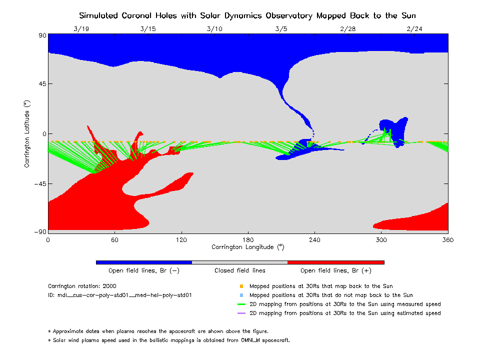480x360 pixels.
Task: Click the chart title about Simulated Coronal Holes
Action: point(247,15)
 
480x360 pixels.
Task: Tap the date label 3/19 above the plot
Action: point(81,29)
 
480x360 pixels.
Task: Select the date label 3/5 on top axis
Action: point(281,29)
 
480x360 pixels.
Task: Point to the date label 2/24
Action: point(414,29)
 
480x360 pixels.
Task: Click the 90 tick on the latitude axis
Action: point(40,35)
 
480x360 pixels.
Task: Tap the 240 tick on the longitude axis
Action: point(314,240)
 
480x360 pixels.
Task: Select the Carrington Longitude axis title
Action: point(247,247)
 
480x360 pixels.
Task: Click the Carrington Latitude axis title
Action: point(27,133)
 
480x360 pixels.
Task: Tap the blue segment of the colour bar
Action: point(144,262)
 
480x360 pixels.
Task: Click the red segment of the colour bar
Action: point(336,262)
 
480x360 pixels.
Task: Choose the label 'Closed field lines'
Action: point(240,271)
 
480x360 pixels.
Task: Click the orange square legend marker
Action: point(241,286)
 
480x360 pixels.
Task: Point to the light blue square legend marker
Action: point(241,295)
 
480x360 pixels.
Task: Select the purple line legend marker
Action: point(241,313)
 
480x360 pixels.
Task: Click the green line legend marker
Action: point(241,304)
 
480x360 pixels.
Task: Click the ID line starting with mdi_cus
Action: point(120,295)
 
